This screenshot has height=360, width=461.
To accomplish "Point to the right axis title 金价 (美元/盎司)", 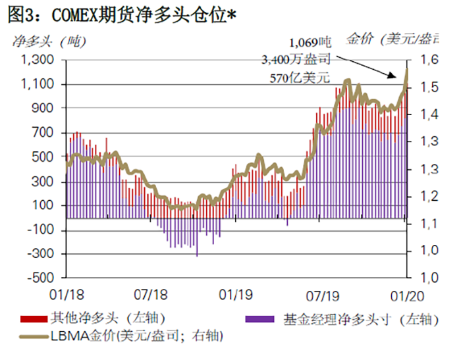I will click(402, 39).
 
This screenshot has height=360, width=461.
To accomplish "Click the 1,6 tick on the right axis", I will click(429, 60).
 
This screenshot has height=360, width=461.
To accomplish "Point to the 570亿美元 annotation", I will click(299, 77).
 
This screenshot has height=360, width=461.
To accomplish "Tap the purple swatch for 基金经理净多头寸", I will click(260, 319).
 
